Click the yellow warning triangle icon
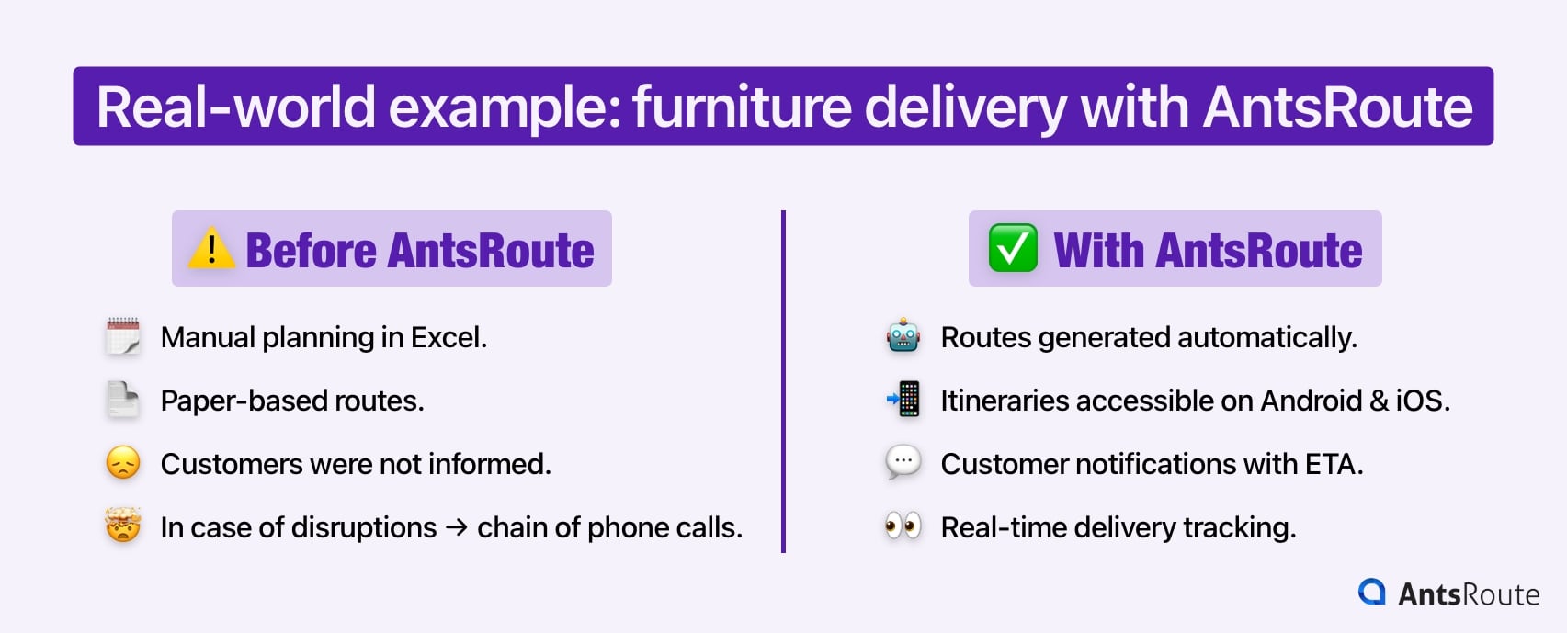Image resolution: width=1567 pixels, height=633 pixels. (x=211, y=248)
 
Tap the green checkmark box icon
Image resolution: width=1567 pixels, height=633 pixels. (x=1013, y=248)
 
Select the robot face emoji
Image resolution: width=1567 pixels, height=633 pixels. (x=903, y=336)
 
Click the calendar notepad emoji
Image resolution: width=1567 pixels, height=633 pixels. (x=123, y=336)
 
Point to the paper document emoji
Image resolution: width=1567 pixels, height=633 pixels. (x=123, y=400)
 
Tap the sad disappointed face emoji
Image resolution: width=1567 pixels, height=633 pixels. (x=123, y=463)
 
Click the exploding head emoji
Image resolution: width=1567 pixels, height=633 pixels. (x=123, y=526)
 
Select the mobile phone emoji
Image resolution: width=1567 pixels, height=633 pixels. (x=903, y=400)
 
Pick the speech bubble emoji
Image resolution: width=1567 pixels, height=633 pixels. (x=903, y=462)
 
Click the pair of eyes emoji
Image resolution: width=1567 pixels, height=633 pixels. (x=903, y=526)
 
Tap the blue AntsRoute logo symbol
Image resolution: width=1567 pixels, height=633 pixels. (x=1372, y=592)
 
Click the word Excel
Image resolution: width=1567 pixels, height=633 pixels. (x=449, y=338)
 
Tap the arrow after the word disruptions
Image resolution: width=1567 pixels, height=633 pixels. (x=457, y=527)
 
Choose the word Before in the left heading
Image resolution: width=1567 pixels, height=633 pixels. (x=312, y=251)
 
